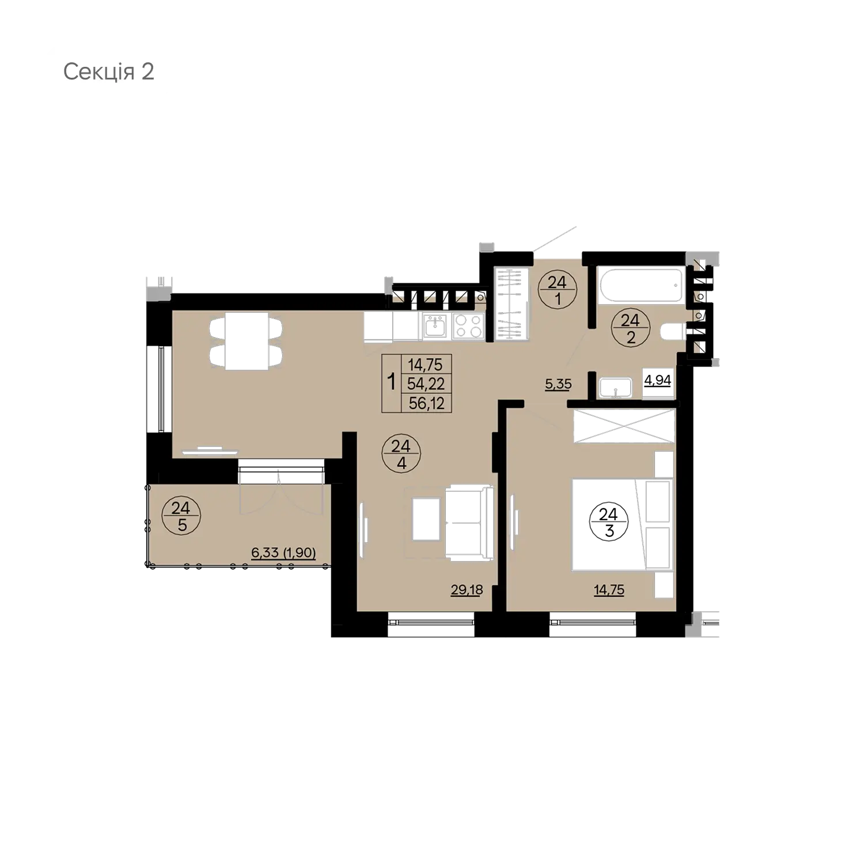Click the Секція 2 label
pos(109,73)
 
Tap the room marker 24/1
pos(557,291)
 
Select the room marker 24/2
pos(631,328)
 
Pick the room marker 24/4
pos(401,454)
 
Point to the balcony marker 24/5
pos(181,517)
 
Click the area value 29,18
pos(467,590)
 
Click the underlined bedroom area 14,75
pos(609,590)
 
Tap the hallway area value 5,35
pos(558,384)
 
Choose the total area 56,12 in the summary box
pos(426,403)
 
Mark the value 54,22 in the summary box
pos(426,384)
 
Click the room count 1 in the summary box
pos(392,383)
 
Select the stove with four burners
pos(468,326)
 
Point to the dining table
pos(247,341)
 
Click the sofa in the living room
pos(469,522)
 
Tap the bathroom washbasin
pos(615,387)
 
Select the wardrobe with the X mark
pos(624,426)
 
